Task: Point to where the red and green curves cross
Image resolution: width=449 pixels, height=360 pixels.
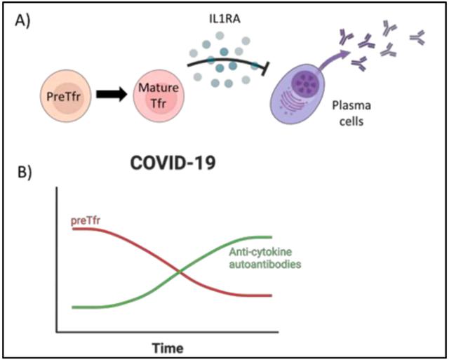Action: point(180,270)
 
